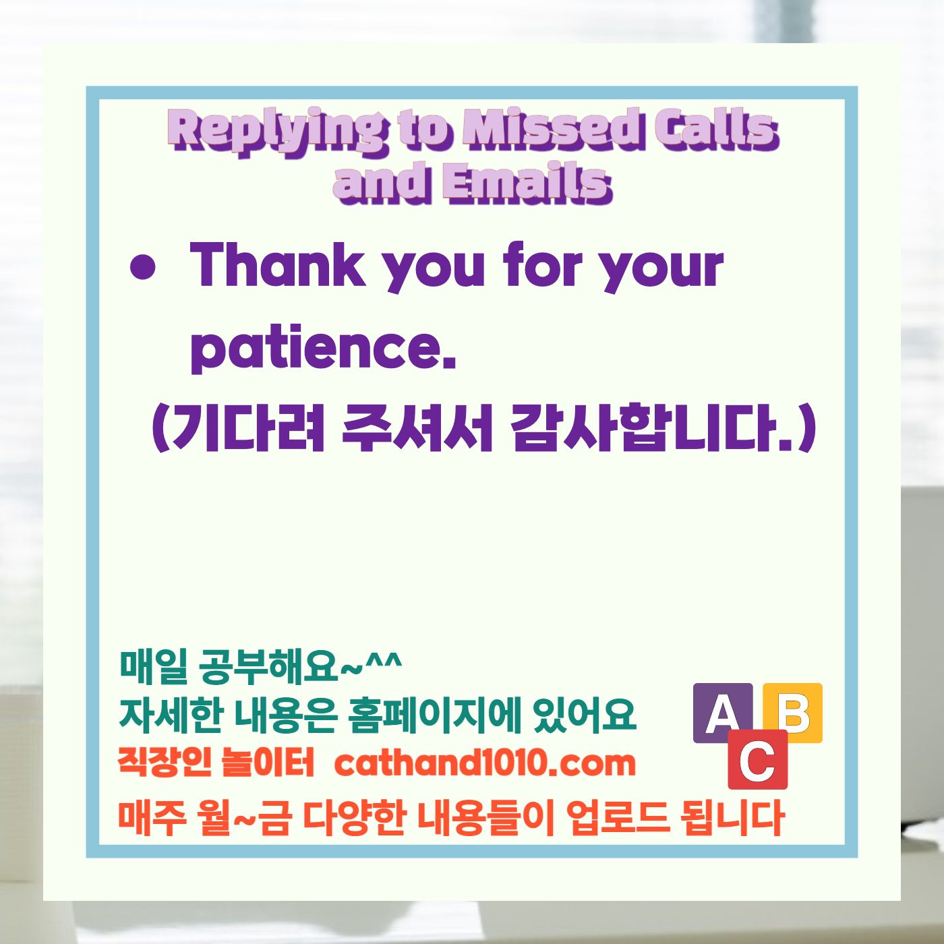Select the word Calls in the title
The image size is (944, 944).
point(716,128)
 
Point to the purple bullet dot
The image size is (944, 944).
point(143,267)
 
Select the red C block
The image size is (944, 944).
point(757,760)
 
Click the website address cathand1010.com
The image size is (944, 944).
point(485,763)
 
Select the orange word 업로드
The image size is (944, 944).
point(618,817)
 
